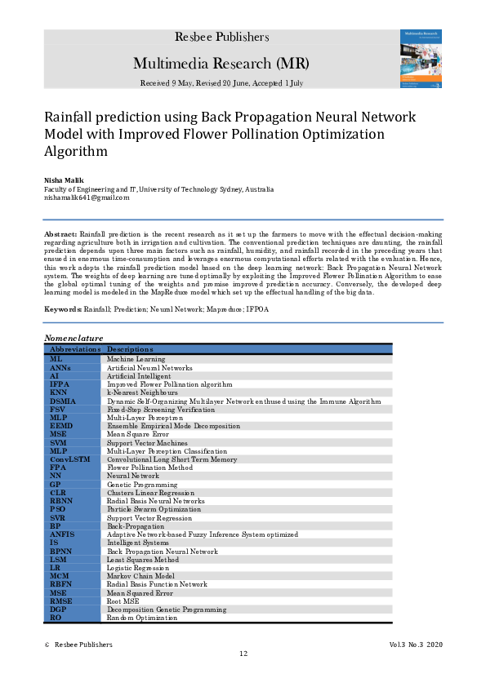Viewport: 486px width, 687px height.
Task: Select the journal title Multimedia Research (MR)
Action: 221,64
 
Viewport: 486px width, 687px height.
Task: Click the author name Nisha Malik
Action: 63,179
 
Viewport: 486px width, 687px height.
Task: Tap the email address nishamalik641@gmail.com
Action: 87,197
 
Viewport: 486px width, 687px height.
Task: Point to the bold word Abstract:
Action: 60,233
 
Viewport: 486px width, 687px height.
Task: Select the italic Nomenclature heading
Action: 74,338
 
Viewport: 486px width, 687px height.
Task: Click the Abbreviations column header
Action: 75,349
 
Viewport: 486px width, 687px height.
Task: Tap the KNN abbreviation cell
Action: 58,392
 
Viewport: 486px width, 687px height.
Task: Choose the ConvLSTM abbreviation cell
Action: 69,459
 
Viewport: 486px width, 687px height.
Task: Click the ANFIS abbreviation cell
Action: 62,534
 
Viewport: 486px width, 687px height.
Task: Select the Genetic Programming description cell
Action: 140,484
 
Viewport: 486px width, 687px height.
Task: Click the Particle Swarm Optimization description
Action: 154,509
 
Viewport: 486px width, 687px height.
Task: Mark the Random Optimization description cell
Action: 141,618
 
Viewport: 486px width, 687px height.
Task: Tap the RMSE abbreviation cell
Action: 61,601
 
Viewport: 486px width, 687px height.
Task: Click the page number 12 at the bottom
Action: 243,654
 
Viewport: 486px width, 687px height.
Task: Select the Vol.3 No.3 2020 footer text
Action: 416,645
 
